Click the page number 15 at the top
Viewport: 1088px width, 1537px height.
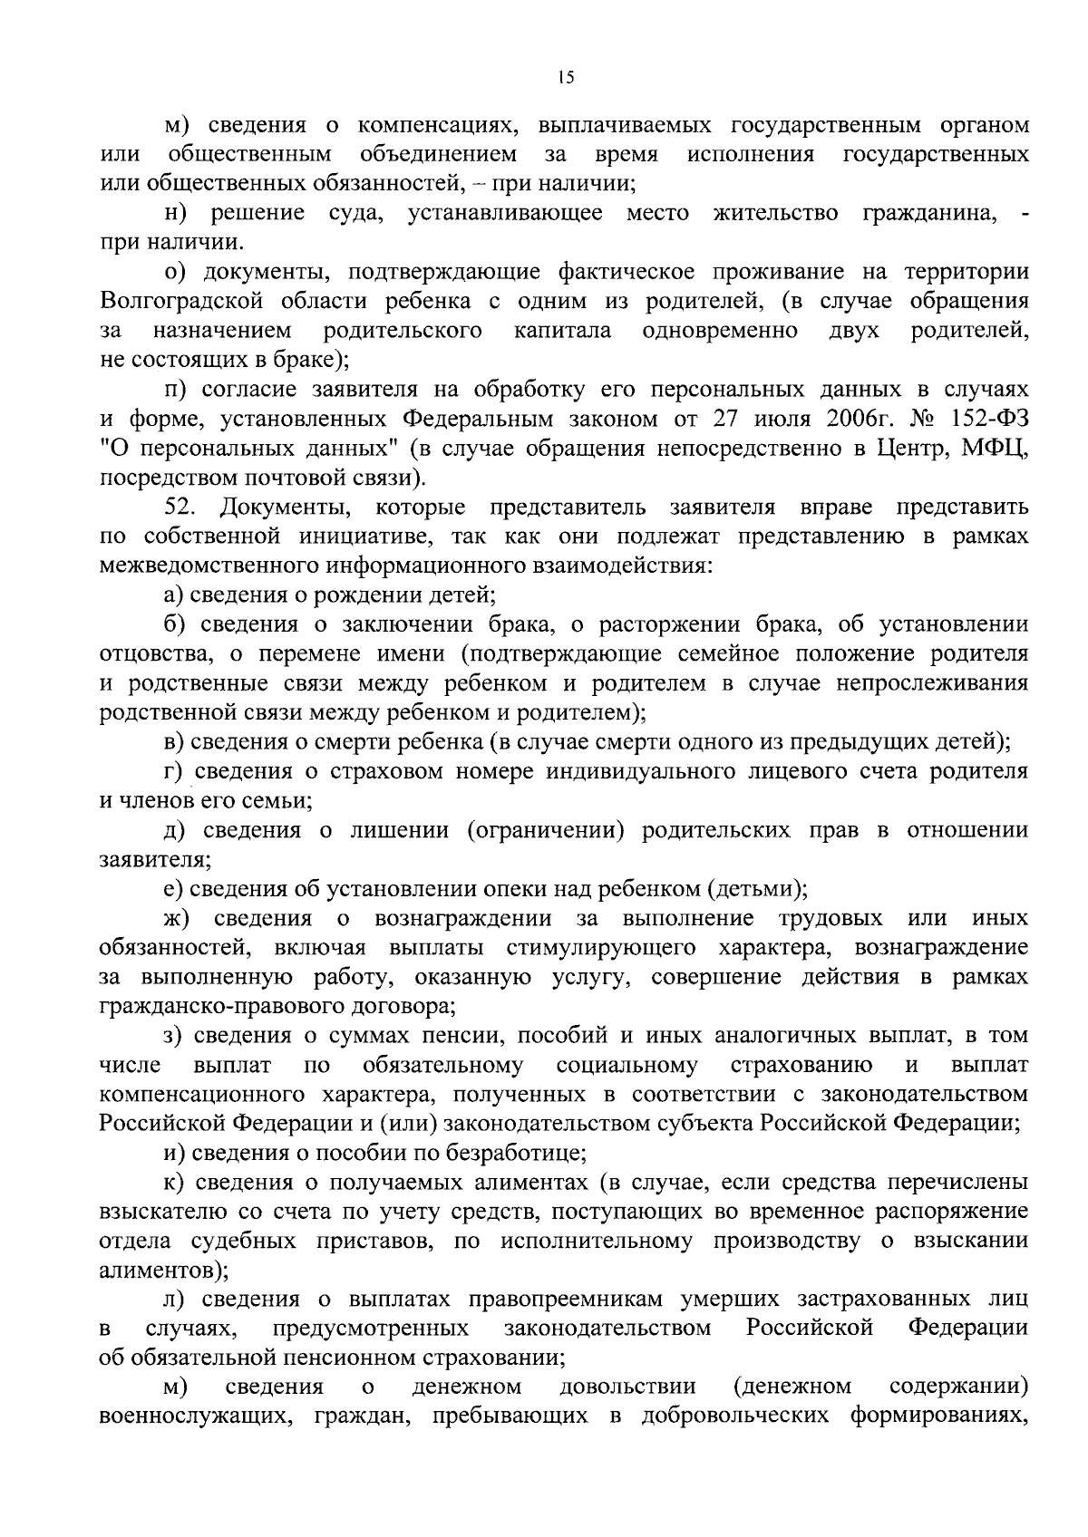pos(565,79)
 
